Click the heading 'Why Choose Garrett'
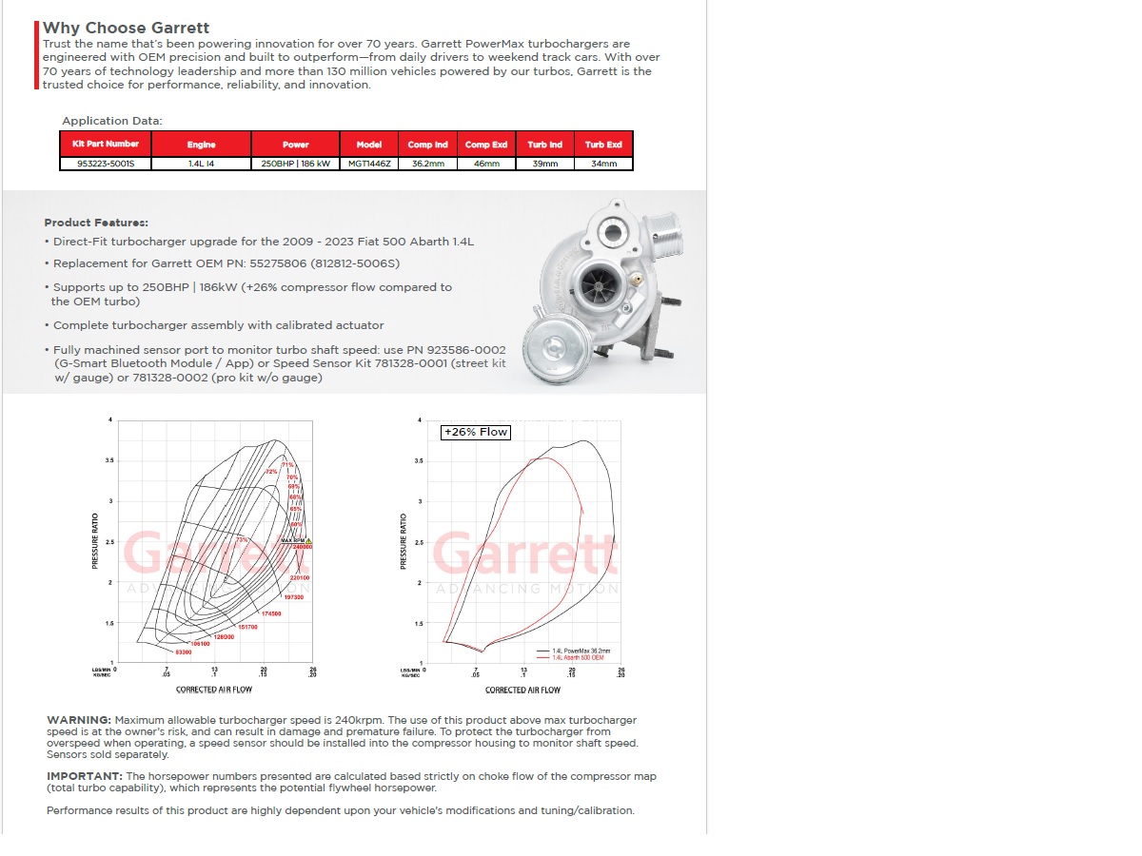[126, 28]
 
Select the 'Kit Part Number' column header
[106, 144]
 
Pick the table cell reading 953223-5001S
[106, 164]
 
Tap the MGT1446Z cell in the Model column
[369, 164]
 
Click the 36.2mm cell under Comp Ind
[427, 164]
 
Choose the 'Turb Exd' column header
[603, 145]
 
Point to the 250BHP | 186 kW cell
[296, 164]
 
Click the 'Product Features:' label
[96, 223]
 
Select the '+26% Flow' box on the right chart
[476, 432]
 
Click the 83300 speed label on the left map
[184, 652]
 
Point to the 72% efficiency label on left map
[270, 472]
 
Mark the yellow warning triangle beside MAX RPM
[308, 541]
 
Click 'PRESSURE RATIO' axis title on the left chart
[94, 541]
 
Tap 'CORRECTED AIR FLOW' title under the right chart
[522, 690]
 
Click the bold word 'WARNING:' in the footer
[78, 720]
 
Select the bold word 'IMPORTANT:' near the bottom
[85, 776]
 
